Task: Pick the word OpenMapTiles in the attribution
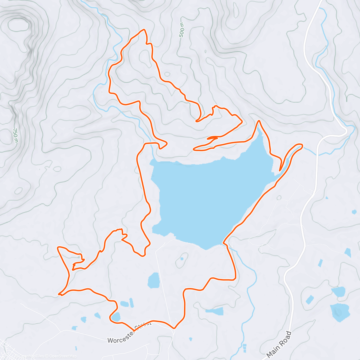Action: tap(32, 356)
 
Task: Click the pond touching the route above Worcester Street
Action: tap(116, 316)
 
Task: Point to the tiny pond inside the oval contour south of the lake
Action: tap(182, 259)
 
